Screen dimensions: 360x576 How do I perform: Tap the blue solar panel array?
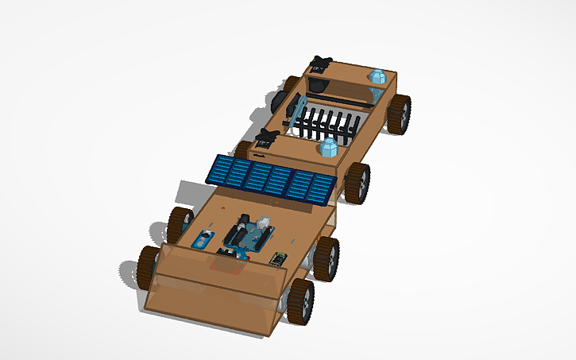[270, 180]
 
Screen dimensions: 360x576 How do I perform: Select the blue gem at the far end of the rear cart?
[377, 77]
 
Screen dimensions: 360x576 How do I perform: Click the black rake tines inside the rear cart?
[330, 123]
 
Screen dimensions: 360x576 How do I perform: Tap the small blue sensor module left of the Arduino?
[203, 238]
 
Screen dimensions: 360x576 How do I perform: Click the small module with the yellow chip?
[278, 257]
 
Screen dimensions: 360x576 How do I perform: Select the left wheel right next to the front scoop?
[148, 266]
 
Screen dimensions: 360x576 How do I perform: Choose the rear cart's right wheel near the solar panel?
[357, 183]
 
